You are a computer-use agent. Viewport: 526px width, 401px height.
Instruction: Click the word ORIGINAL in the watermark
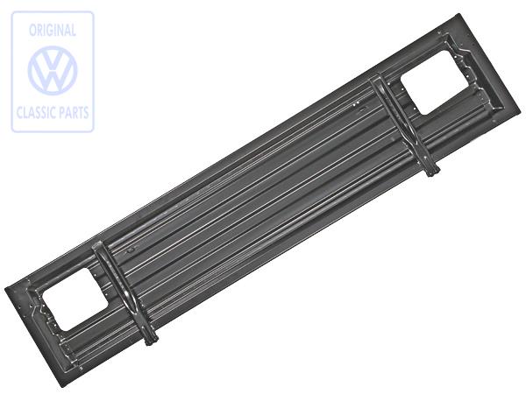point(53,31)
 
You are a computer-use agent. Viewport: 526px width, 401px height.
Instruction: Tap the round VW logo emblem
point(53,71)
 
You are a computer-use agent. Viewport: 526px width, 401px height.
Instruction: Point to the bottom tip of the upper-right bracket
point(432,172)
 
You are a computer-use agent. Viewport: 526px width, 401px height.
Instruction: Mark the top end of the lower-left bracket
point(98,246)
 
